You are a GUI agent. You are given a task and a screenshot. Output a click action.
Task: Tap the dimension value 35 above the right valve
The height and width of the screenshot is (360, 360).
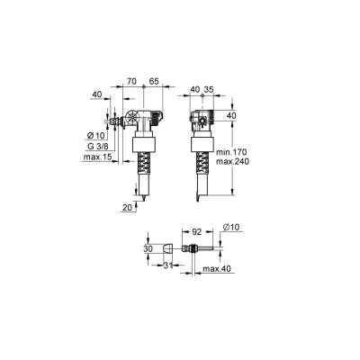208,90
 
